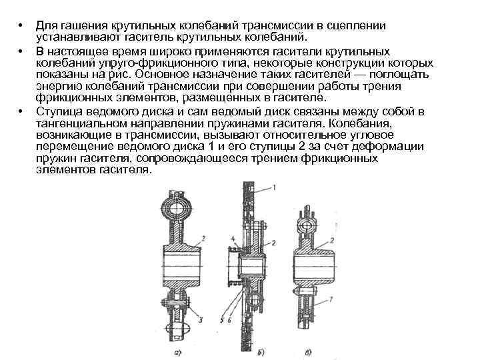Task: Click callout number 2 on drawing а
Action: click(x=201, y=237)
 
